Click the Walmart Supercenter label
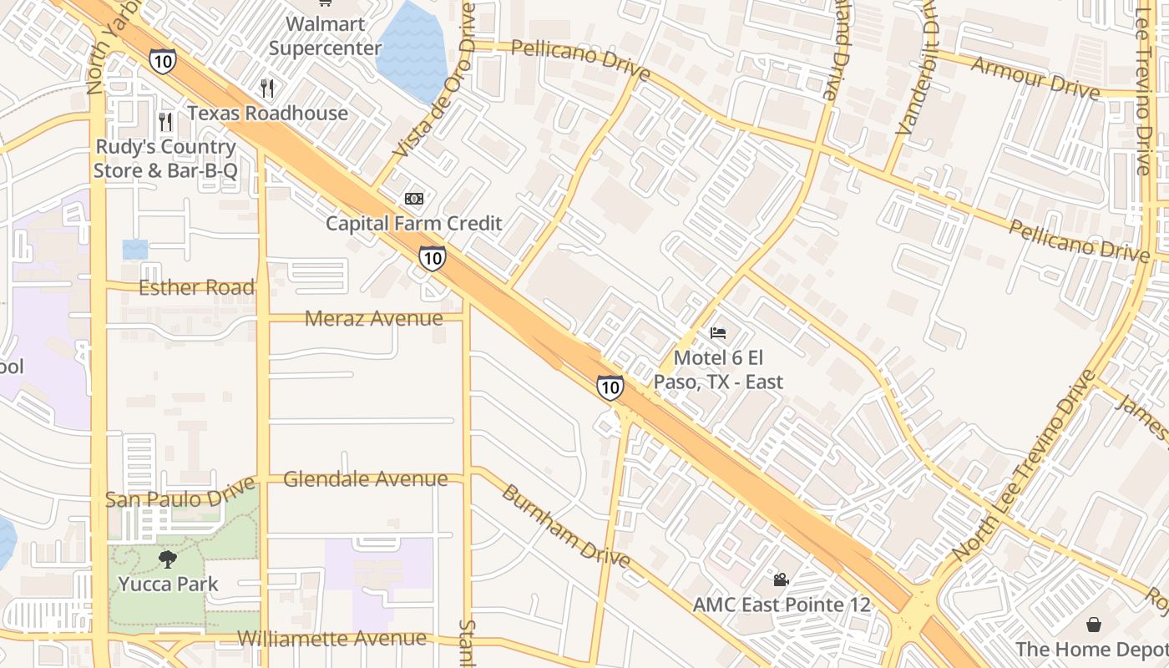pyautogui.click(x=325, y=36)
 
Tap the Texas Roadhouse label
pyautogui.click(x=267, y=113)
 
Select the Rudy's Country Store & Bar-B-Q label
pyautogui.click(x=165, y=159)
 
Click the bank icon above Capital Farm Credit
pyautogui.click(x=413, y=199)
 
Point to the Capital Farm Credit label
pyautogui.click(x=413, y=223)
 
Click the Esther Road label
pyautogui.click(x=196, y=288)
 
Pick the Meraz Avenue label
pyautogui.click(x=373, y=318)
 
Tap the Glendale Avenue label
pyautogui.click(x=366, y=479)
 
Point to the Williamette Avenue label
pyautogui.click(x=331, y=639)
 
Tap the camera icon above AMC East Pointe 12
pyautogui.click(x=781, y=579)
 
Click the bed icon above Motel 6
pyautogui.click(x=718, y=333)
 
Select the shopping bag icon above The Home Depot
pyautogui.click(x=1093, y=625)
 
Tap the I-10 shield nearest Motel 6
pyautogui.click(x=610, y=387)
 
